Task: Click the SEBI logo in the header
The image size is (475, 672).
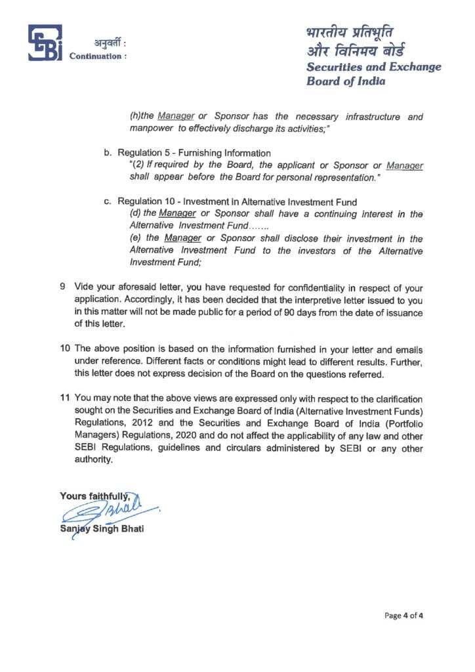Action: tap(45, 43)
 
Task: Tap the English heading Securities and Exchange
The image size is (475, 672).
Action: tap(374, 67)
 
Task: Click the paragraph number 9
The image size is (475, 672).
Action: tap(62, 288)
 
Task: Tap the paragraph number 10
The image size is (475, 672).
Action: tap(64, 346)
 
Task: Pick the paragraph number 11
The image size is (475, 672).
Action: tap(64, 398)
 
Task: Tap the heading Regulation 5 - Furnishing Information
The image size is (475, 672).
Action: tap(194, 153)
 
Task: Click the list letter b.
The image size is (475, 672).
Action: tap(108, 153)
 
